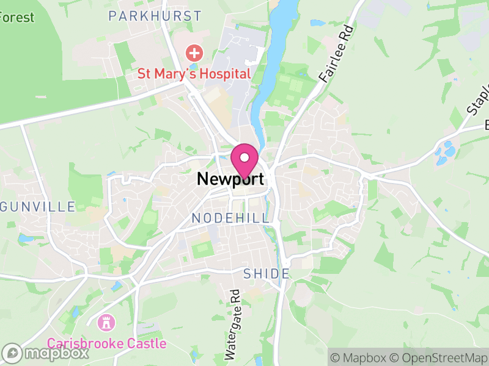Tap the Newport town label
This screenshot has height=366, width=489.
click(230, 179)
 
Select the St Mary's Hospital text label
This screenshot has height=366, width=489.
click(194, 74)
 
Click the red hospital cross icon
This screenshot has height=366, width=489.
click(194, 53)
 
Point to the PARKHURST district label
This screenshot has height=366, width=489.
click(155, 16)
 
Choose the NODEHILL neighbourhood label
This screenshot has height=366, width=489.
click(230, 218)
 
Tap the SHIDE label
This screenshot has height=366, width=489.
click(267, 274)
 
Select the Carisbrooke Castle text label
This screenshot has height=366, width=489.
click(107, 343)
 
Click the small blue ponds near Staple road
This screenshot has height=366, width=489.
click(449, 149)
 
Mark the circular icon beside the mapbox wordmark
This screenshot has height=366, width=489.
click(12, 353)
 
